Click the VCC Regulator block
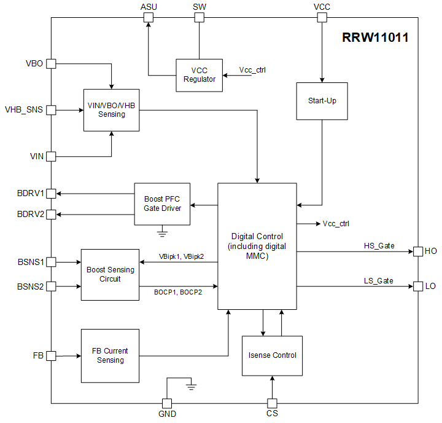point(199,75)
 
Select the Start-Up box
point(322,101)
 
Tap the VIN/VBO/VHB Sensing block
point(111,110)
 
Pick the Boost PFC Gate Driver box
point(163,204)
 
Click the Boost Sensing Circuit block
point(110,274)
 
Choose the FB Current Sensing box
point(110,355)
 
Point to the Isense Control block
point(272,355)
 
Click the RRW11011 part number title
point(374,38)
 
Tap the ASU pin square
point(148,17)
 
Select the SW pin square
point(199,17)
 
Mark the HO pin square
point(418,251)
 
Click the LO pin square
point(418,286)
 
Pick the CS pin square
point(272,403)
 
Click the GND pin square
point(166,403)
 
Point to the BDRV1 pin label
point(30,193)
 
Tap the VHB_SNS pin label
point(24,110)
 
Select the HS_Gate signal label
point(379,246)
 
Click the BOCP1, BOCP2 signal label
point(178,292)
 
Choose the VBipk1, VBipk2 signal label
point(181,256)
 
